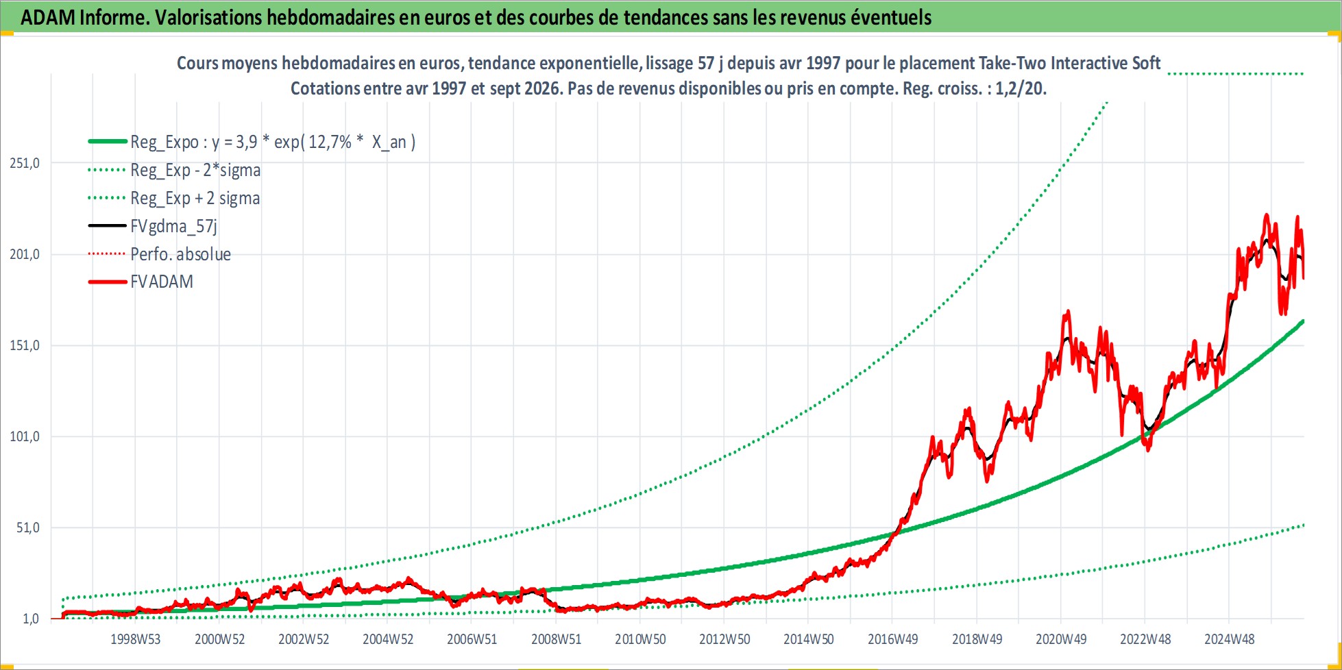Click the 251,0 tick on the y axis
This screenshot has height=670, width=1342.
[25, 163]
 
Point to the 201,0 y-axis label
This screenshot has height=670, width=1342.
[25, 254]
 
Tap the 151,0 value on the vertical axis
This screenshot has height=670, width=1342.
[25, 345]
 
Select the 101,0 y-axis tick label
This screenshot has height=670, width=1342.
[25, 436]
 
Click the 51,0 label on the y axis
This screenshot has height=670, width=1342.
[28, 528]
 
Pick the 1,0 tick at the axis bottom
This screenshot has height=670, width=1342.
[32, 619]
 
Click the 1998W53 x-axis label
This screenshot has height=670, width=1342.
[136, 639]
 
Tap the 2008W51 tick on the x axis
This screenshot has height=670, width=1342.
[557, 639]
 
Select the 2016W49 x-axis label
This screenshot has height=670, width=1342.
[893, 639]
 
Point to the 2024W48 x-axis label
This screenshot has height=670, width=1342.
[1230, 639]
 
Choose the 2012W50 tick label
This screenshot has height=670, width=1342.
[724, 639]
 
